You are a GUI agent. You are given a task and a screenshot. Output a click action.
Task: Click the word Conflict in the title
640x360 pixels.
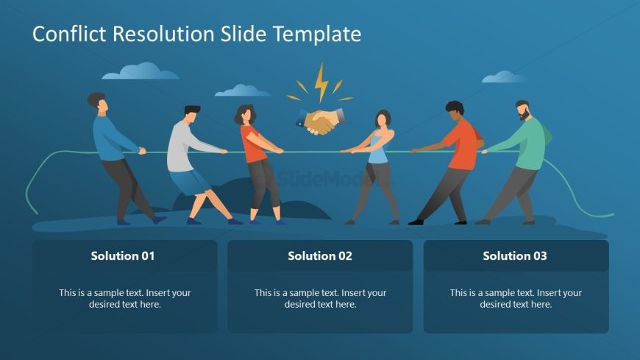pos(69,34)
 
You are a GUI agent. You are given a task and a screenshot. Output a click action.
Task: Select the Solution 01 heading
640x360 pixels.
pos(123,255)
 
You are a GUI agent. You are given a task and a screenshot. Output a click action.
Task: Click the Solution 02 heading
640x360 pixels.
pos(320,255)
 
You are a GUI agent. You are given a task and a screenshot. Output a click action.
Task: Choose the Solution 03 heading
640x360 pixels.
pos(515,255)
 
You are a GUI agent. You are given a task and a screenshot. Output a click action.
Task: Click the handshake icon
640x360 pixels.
pos(321,121)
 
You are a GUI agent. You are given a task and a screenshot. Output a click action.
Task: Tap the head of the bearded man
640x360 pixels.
pos(523,110)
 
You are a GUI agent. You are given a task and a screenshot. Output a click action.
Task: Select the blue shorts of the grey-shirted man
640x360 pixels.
pos(189,181)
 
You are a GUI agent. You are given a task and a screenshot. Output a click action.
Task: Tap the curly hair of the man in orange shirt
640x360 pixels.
pos(455,107)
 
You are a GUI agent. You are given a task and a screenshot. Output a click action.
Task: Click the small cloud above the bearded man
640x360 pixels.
pos(504,77)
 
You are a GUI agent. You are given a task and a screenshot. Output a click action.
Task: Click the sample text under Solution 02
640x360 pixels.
pos(321,298)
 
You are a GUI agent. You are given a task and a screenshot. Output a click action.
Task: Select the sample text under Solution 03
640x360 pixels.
pos(516,298)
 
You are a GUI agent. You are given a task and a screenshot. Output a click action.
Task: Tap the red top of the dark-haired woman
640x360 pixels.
pos(253,144)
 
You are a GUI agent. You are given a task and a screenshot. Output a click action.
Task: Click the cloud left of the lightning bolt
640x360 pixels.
pos(243,91)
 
